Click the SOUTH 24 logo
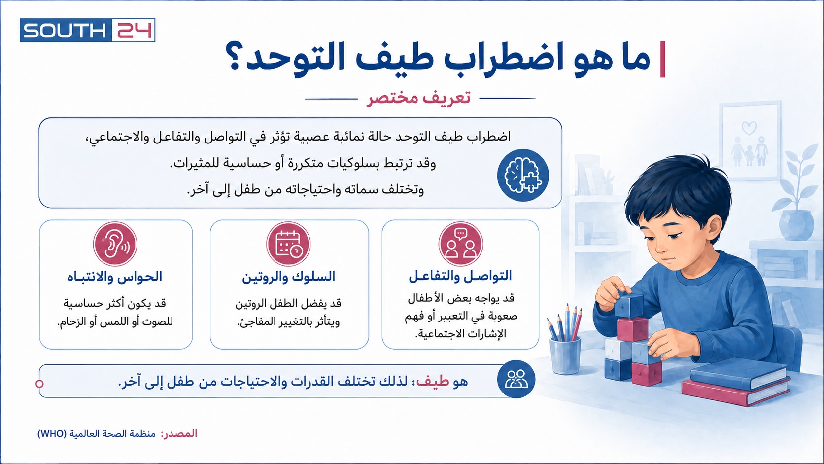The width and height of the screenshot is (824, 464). click(88, 30)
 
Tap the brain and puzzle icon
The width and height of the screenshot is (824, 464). click(523, 175)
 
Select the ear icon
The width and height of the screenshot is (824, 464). click(115, 244)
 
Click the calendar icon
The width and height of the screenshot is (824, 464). click(288, 244)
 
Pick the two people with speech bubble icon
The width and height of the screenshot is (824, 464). click(461, 244)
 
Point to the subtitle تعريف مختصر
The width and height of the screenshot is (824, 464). click(418, 98)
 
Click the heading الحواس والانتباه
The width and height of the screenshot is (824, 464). click(114, 277)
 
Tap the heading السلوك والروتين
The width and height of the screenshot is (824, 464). click(288, 277)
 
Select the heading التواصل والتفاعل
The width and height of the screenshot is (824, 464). click(460, 276)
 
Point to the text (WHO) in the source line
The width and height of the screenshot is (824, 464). click(52, 434)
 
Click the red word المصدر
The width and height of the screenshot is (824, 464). click(179, 433)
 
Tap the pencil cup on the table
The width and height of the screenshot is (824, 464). click(565, 355)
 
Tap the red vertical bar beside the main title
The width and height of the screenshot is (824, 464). click(663, 59)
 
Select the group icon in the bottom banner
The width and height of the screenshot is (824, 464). click(516, 379)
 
